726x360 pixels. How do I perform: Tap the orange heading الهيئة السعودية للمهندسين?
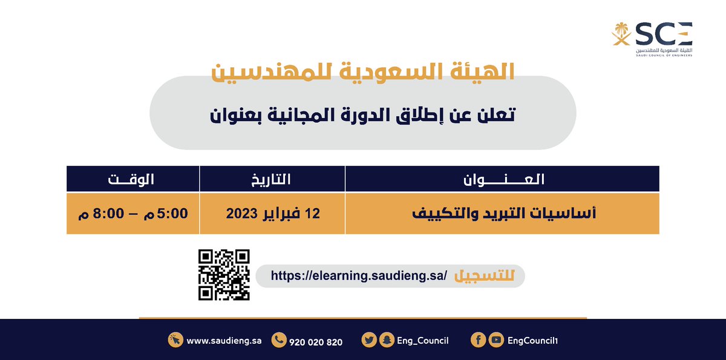tap(362, 73)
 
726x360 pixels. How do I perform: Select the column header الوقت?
tap(131, 179)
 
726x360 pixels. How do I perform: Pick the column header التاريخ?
tap(272, 179)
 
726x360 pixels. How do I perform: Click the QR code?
tap(224, 275)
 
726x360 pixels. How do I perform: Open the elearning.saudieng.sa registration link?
tap(359, 276)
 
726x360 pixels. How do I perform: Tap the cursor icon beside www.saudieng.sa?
tap(175, 341)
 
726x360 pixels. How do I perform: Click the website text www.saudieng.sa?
tap(224, 341)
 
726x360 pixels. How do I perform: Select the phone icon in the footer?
tap(279, 341)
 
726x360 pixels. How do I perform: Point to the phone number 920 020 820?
tap(316, 342)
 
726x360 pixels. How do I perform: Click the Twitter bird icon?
tap(369, 341)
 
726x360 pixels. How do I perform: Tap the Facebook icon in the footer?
tap(478, 341)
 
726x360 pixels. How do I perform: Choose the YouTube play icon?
tap(496, 341)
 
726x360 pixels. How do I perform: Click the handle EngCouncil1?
tap(532, 341)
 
